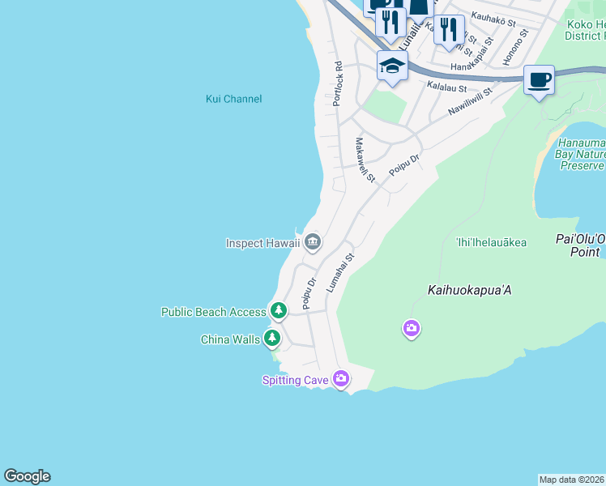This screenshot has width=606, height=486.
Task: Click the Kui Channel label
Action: point(233,99)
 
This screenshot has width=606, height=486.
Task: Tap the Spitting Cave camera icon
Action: point(341,378)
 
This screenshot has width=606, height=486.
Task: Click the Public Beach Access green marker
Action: point(279,310)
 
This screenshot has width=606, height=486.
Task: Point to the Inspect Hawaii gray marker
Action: point(313,241)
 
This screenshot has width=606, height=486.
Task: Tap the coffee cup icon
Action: point(539,80)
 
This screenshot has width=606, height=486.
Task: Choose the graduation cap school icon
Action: point(392,66)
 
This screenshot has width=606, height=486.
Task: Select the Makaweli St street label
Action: point(365,160)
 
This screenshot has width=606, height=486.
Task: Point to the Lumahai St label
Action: point(340,273)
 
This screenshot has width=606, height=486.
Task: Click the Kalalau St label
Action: point(447,87)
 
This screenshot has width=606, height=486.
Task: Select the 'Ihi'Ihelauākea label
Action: point(491,242)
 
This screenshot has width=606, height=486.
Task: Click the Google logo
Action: point(27,476)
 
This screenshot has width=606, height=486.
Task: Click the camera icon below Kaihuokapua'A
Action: point(412,328)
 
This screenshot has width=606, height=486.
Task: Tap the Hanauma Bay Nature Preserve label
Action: point(581,154)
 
